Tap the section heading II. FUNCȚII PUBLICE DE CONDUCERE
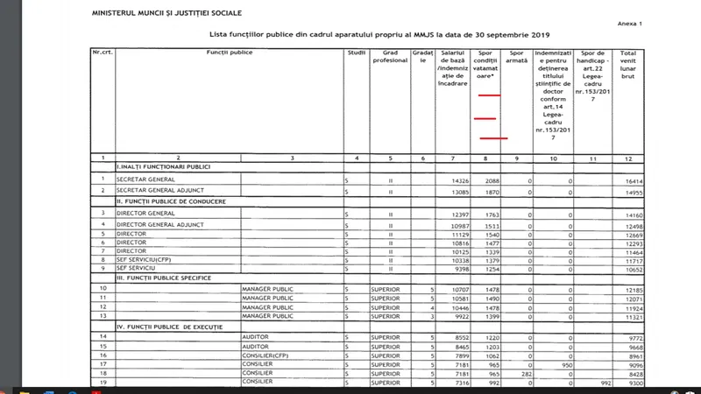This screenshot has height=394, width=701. point(171,201)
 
